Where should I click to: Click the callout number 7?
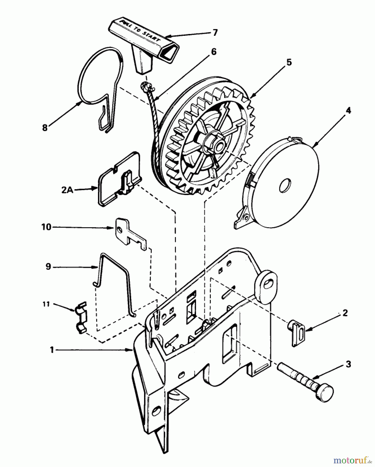215,33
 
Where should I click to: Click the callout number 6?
213,52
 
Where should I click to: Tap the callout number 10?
46,227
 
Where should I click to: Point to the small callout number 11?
46,304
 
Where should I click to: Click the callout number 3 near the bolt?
348,364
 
